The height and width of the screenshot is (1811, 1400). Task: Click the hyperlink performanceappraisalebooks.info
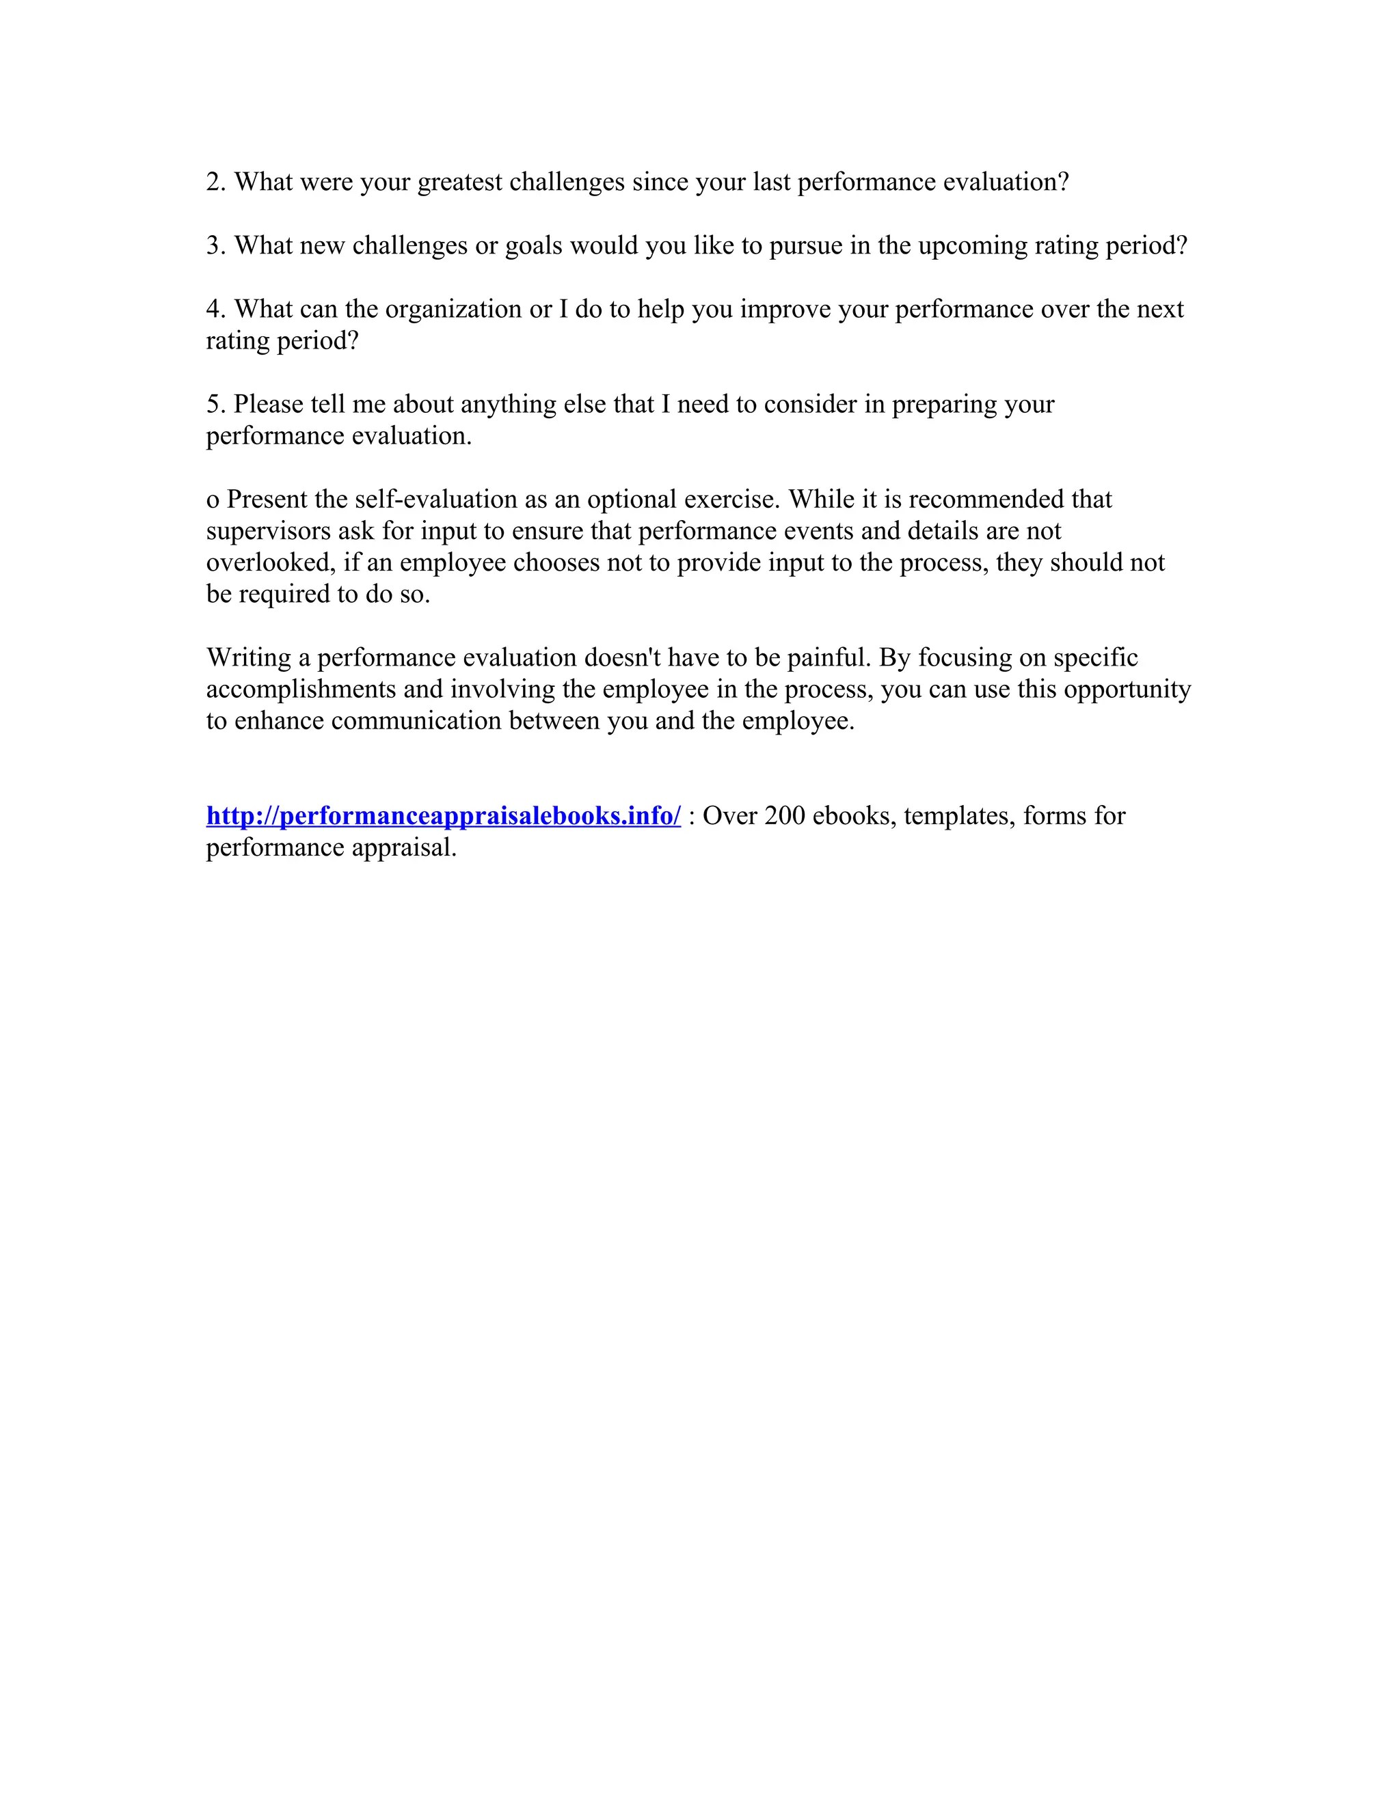click(443, 816)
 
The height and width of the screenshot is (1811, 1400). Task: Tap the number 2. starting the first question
click(215, 182)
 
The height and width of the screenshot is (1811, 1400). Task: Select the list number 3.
click(215, 245)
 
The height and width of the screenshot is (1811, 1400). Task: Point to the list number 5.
click(215, 404)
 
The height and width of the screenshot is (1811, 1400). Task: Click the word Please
click(268, 404)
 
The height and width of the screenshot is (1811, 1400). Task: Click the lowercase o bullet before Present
click(213, 500)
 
